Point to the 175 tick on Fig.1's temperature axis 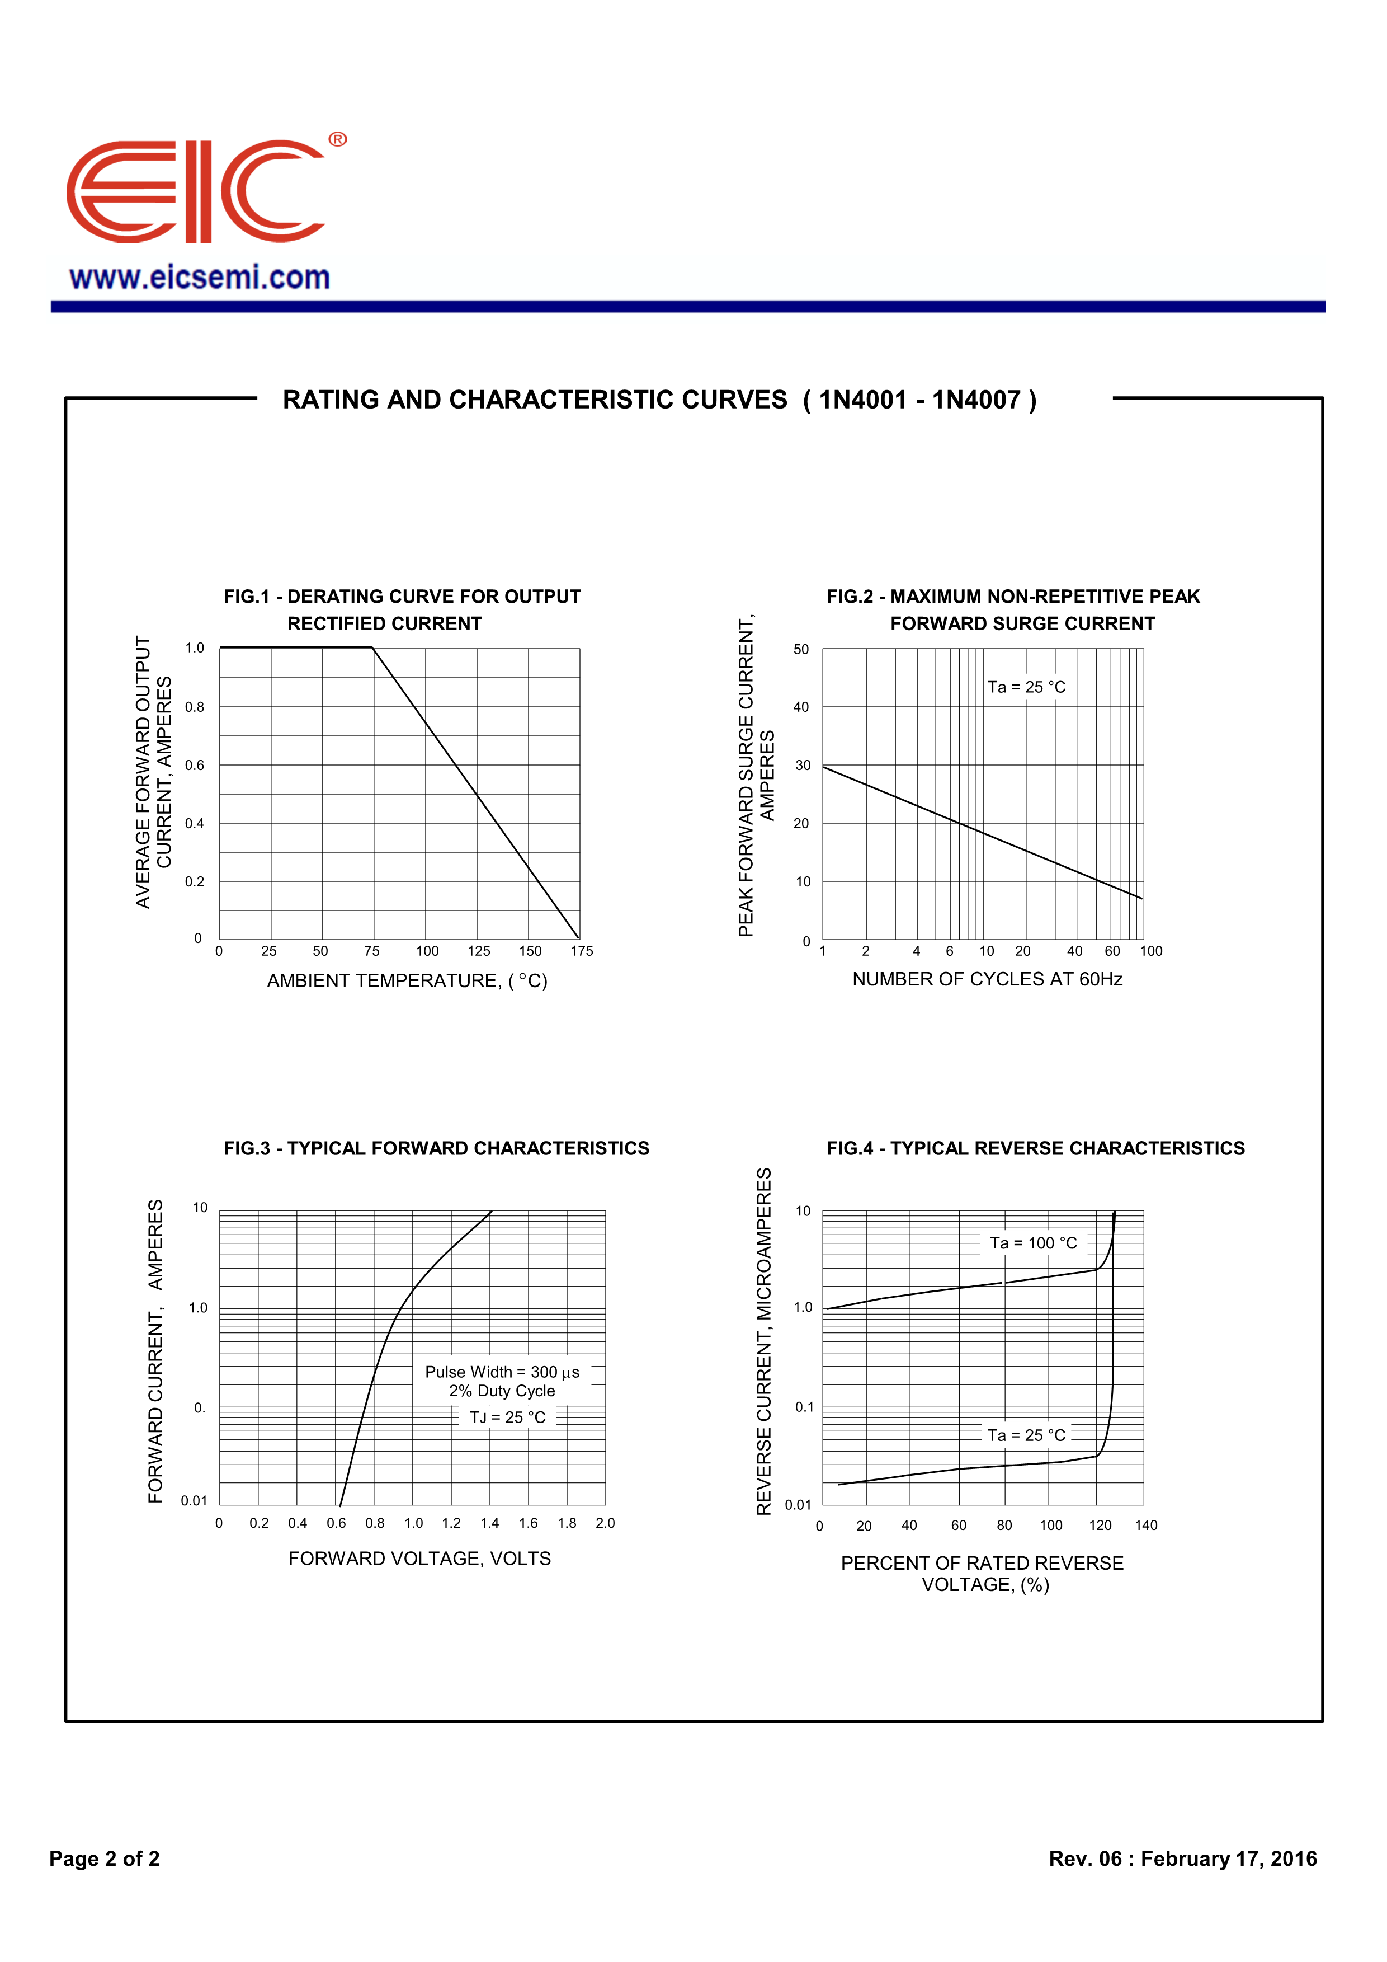[x=582, y=951]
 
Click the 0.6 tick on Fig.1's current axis [x=195, y=766]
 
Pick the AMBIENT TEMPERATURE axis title [x=407, y=981]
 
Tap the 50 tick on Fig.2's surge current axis [x=801, y=650]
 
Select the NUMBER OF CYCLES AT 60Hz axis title [x=987, y=979]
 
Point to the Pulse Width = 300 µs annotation [x=502, y=1372]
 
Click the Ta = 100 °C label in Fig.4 [x=1034, y=1243]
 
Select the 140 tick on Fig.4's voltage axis [x=1145, y=1526]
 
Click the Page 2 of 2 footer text [x=104, y=1858]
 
